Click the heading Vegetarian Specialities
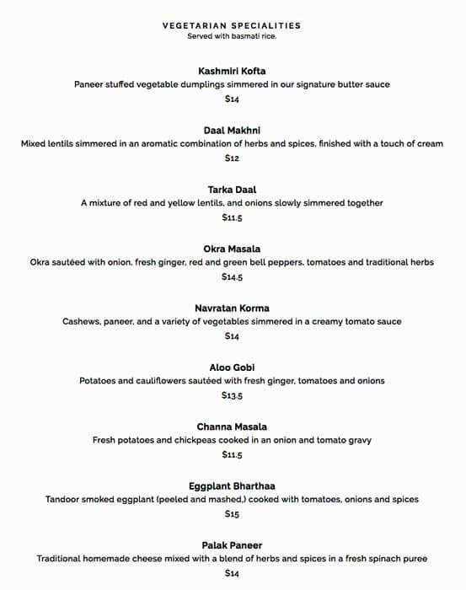pyautogui.click(x=232, y=26)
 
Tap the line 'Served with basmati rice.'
pyautogui.click(x=232, y=36)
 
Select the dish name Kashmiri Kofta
pyautogui.click(x=232, y=71)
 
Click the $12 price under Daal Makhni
pyautogui.click(x=232, y=158)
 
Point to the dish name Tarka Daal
pyautogui.click(x=232, y=190)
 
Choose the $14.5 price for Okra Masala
pyautogui.click(x=232, y=277)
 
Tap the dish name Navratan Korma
pyautogui.click(x=232, y=308)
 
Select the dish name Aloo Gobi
pyautogui.click(x=232, y=367)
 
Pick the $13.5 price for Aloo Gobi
pyautogui.click(x=232, y=396)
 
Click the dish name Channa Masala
pyautogui.click(x=232, y=427)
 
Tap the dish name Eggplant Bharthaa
pyautogui.click(x=232, y=486)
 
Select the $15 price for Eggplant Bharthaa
pyautogui.click(x=232, y=514)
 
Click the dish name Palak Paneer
pyautogui.click(x=232, y=545)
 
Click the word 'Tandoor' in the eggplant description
pyautogui.click(x=64, y=500)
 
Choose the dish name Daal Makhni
pyautogui.click(x=232, y=131)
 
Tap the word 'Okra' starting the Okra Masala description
pyautogui.click(x=41, y=263)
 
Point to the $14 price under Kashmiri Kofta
pyautogui.click(x=232, y=99)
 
